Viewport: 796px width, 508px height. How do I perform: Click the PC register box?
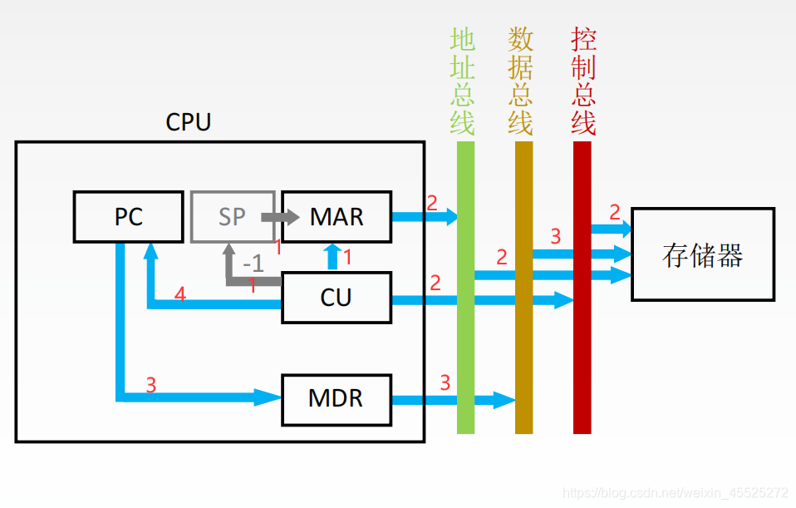pyautogui.click(x=128, y=217)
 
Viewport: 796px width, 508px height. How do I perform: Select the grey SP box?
pyautogui.click(x=232, y=217)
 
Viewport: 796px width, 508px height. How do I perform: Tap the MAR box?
pyautogui.click(x=336, y=217)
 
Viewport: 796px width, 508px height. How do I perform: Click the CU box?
pyautogui.click(x=336, y=297)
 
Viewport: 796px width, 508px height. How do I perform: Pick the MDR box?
pyautogui.click(x=336, y=398)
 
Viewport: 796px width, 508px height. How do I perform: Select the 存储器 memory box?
pyautogui.click(x=702, y=254)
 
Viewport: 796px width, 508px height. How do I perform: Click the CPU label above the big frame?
pyautogui.click(x=189, y=122)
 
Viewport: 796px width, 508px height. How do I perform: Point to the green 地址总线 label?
pyautogui.click(x=463, y=81)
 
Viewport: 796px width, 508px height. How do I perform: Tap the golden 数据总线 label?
pyautogui.click(x=521, y=81)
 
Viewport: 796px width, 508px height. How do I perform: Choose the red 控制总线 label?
pyautogui.click(x=583, y=81)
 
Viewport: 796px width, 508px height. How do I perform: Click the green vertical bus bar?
pyautogui.click(x=465, y=333)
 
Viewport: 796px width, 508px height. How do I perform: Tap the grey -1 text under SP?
pyautogui.click(x=253, y=264)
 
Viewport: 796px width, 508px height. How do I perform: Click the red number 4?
pyautogui.click(x=180, y=293)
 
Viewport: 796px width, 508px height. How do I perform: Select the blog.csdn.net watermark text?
pyautogui.click(x=675, y=493)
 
